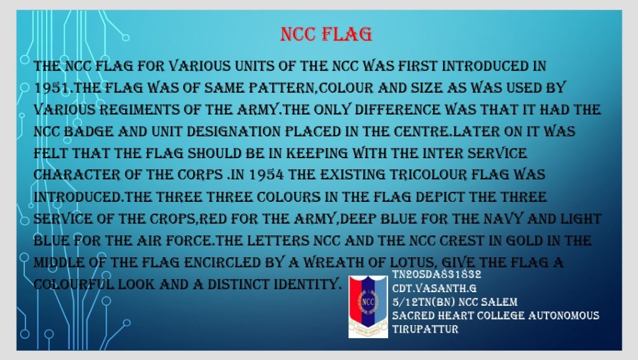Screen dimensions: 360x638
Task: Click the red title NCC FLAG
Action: coord(326,33)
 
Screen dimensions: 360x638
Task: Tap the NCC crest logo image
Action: coord(368,306)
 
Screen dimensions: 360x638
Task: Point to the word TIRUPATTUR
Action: coord(426,328)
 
